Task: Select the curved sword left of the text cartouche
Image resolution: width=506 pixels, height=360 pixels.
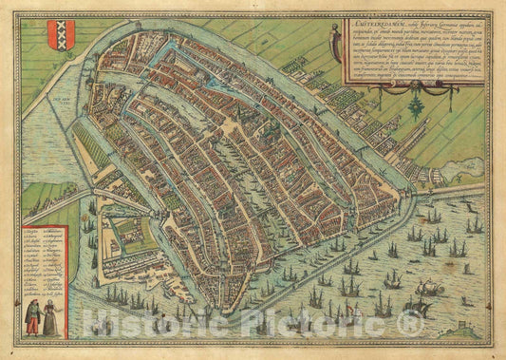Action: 332,44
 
